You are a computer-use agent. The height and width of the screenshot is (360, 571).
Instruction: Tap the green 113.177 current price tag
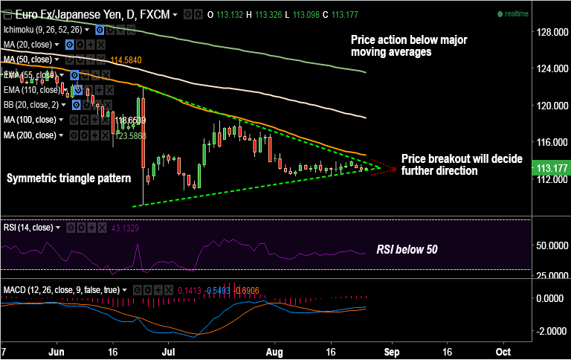pyautogui.click(x=550, y=168)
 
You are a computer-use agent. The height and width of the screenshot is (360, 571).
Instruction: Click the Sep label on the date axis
pyautogui.click(x=393, y=350)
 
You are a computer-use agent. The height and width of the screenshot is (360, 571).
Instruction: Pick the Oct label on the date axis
pyautogui.click(x=503, y=350)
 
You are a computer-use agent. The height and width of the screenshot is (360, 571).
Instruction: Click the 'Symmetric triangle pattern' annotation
pyautogui.click(x=68, y=179)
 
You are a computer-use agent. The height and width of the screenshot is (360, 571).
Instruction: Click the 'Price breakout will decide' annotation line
pyautogui.click(x=461, y=159)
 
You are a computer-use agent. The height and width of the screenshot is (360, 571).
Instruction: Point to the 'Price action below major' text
pyautogui.click(x=409, y=40)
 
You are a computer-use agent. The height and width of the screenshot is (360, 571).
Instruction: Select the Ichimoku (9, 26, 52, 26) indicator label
pyautogui.click(x=42, y=30)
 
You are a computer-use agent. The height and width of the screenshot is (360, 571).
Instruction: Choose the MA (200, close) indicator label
pyautogui.click(x=29, y=135)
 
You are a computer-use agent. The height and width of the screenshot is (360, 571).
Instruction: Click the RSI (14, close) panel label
pyautogui.click(x=29, y=227)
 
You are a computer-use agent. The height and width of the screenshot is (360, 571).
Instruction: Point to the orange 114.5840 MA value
pyautogui.click(x=126, y=60)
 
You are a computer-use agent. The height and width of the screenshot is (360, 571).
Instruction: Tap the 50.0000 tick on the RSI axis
pyautogui.click(x=550, y=245)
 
